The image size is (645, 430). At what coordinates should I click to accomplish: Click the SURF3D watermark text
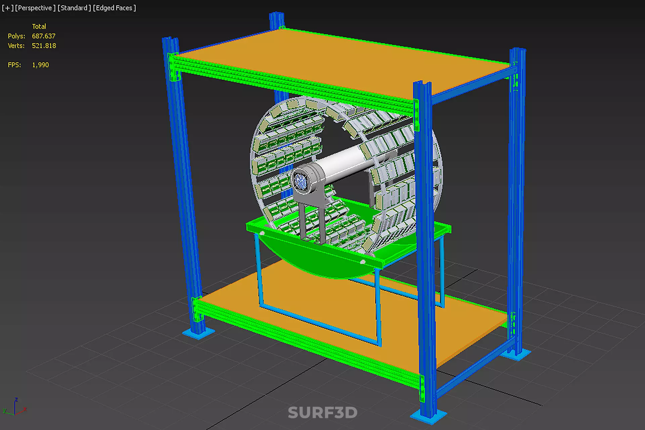coord(322,413)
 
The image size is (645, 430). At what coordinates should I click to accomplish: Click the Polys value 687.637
coord(43,36)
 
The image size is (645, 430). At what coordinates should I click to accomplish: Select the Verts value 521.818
coord(44,46)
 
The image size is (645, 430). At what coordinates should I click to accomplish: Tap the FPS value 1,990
coord(40,65)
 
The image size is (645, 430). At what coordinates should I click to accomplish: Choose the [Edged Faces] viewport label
coord(114,8)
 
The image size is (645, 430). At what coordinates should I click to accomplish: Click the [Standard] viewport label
coord(74,8)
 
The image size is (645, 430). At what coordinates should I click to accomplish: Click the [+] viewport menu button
coord(7,8)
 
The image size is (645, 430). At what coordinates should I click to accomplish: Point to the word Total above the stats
coord(39,26)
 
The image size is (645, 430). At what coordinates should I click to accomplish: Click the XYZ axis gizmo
coord(15,407)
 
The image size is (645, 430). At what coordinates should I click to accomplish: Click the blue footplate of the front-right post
coord(428,417)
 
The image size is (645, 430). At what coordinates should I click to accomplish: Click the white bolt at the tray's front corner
coord(363,262)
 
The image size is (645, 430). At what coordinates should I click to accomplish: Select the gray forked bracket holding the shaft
coord(311,215)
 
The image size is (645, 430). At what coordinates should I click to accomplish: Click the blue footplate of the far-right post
coord(517,354)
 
